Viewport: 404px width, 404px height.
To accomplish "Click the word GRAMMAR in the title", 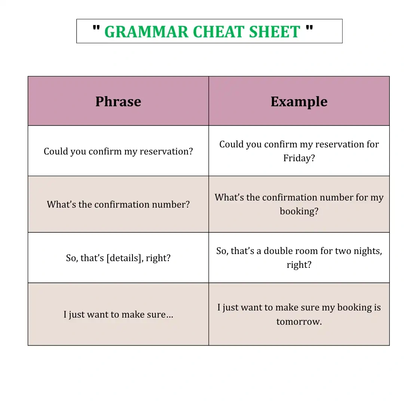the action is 146,32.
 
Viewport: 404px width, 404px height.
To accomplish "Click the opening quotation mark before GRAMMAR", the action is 96,28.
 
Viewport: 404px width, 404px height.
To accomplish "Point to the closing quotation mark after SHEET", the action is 309,28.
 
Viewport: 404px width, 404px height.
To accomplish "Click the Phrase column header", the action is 118,101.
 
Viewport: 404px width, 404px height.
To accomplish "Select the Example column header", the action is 299,102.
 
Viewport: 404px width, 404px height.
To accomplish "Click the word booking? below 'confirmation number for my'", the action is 299,211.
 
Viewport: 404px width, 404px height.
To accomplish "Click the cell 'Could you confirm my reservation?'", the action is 118,151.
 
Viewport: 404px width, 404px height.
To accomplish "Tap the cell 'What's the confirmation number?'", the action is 118,204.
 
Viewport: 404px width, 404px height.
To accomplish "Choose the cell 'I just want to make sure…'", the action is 118,314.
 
